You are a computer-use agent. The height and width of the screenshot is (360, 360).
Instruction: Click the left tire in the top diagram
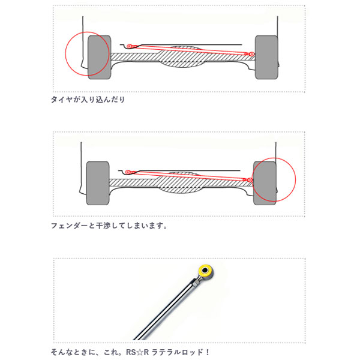click(100, 58)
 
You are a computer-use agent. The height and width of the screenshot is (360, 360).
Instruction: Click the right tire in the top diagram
click(266, 58)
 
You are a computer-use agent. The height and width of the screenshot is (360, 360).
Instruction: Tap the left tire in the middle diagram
click(98, 183)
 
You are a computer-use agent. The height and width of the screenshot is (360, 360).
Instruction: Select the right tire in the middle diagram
click(265, 183)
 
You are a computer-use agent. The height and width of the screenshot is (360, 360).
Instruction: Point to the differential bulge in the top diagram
click(181, 57)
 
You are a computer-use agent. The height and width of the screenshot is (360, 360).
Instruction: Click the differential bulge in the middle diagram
click(179, 182)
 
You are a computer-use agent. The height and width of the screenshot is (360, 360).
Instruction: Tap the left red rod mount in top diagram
click(129, 46)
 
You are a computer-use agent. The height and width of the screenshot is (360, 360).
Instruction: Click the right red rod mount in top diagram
click(251, 54)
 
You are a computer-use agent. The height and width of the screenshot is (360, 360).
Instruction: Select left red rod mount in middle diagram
click(127, 172)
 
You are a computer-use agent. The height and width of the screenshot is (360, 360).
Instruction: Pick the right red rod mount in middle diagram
click(250, 180)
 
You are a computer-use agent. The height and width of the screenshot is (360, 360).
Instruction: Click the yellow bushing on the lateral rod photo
click(205, 271)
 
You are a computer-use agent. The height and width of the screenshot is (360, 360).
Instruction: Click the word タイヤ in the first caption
click(62, 100)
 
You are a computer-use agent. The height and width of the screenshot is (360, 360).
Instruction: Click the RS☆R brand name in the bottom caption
click(137, 352)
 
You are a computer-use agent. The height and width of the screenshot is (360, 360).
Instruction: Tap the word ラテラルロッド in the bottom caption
click(177, 352)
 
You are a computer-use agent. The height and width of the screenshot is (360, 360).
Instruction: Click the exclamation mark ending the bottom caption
click(208, 352)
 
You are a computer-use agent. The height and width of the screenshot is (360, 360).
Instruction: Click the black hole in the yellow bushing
click(205, 270)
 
